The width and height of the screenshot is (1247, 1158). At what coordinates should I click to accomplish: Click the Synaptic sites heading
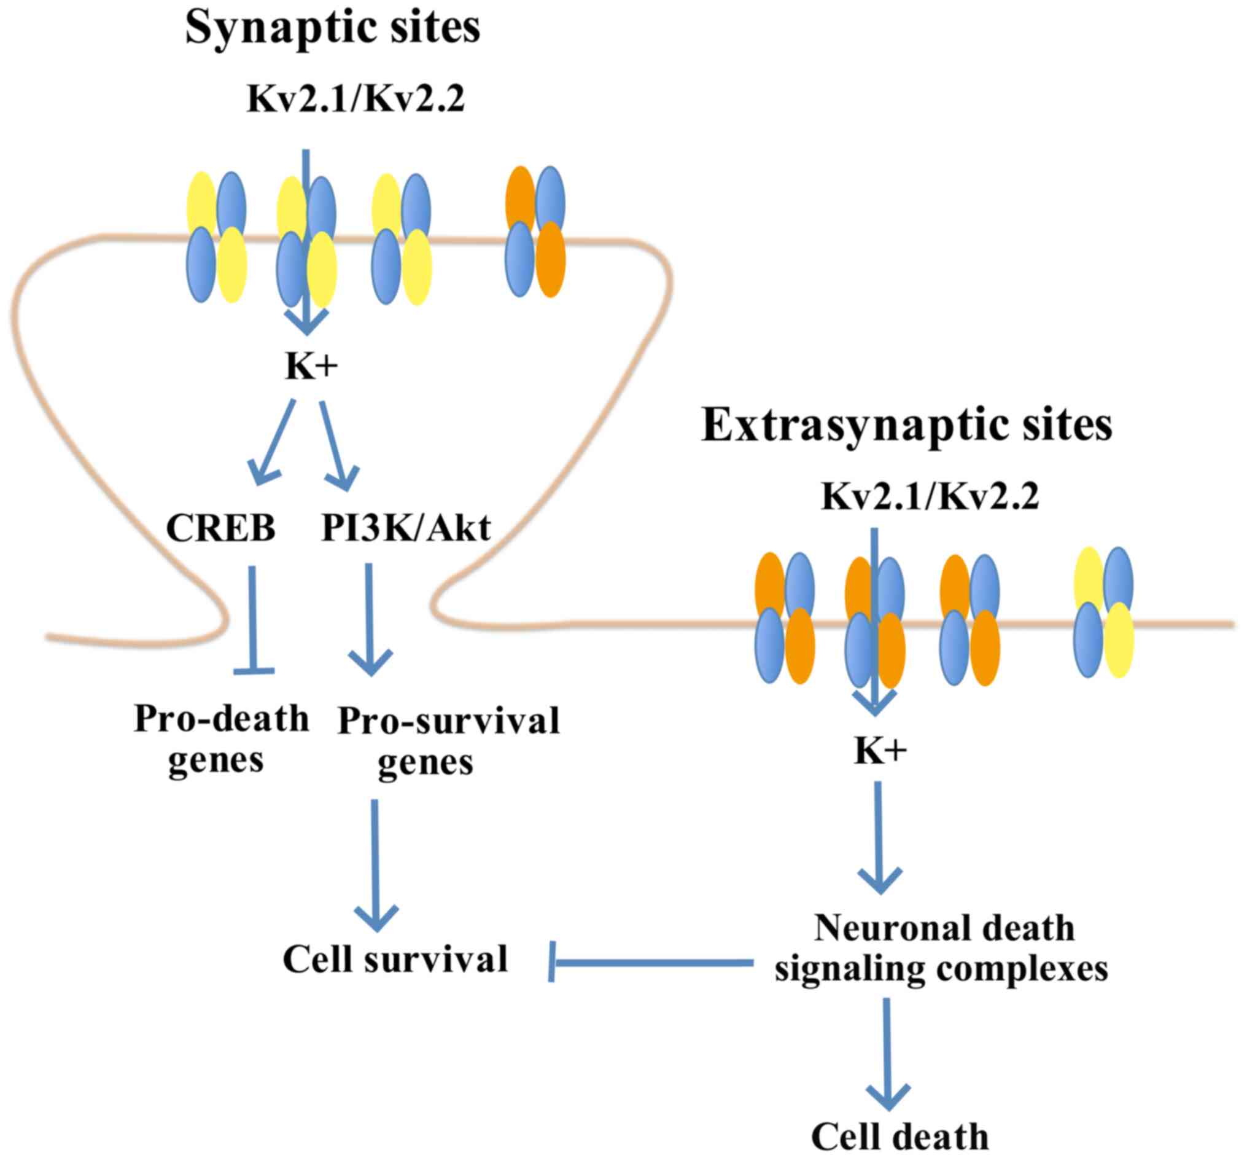coord(333,28)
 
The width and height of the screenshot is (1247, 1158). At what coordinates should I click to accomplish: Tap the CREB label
coord(220,528)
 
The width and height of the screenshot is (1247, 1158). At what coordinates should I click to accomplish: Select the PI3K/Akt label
coord(406,528)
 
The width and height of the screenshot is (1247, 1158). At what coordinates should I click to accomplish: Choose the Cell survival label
coord(395,960)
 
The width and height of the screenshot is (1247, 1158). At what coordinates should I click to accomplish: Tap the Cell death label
coord(900,1135)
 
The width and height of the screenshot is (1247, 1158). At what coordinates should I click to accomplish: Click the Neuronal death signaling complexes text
coord(941,949)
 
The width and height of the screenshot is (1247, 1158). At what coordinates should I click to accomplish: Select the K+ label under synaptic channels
coord(311,367)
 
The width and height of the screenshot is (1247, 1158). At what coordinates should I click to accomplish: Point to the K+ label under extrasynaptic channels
coord(880,750)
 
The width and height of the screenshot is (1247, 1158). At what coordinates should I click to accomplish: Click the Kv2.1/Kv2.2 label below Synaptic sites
coord(355,99)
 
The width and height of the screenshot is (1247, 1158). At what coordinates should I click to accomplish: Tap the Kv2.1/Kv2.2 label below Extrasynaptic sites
coord(930,497)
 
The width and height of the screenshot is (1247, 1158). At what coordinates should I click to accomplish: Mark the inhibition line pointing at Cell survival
coord(651,962)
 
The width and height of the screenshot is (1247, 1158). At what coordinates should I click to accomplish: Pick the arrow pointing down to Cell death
coord(887,1053)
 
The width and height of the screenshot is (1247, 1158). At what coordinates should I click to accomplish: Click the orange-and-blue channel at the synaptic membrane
coord(535,231)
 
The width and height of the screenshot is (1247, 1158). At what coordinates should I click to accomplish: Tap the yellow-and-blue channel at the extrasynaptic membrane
coord(1103,612)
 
